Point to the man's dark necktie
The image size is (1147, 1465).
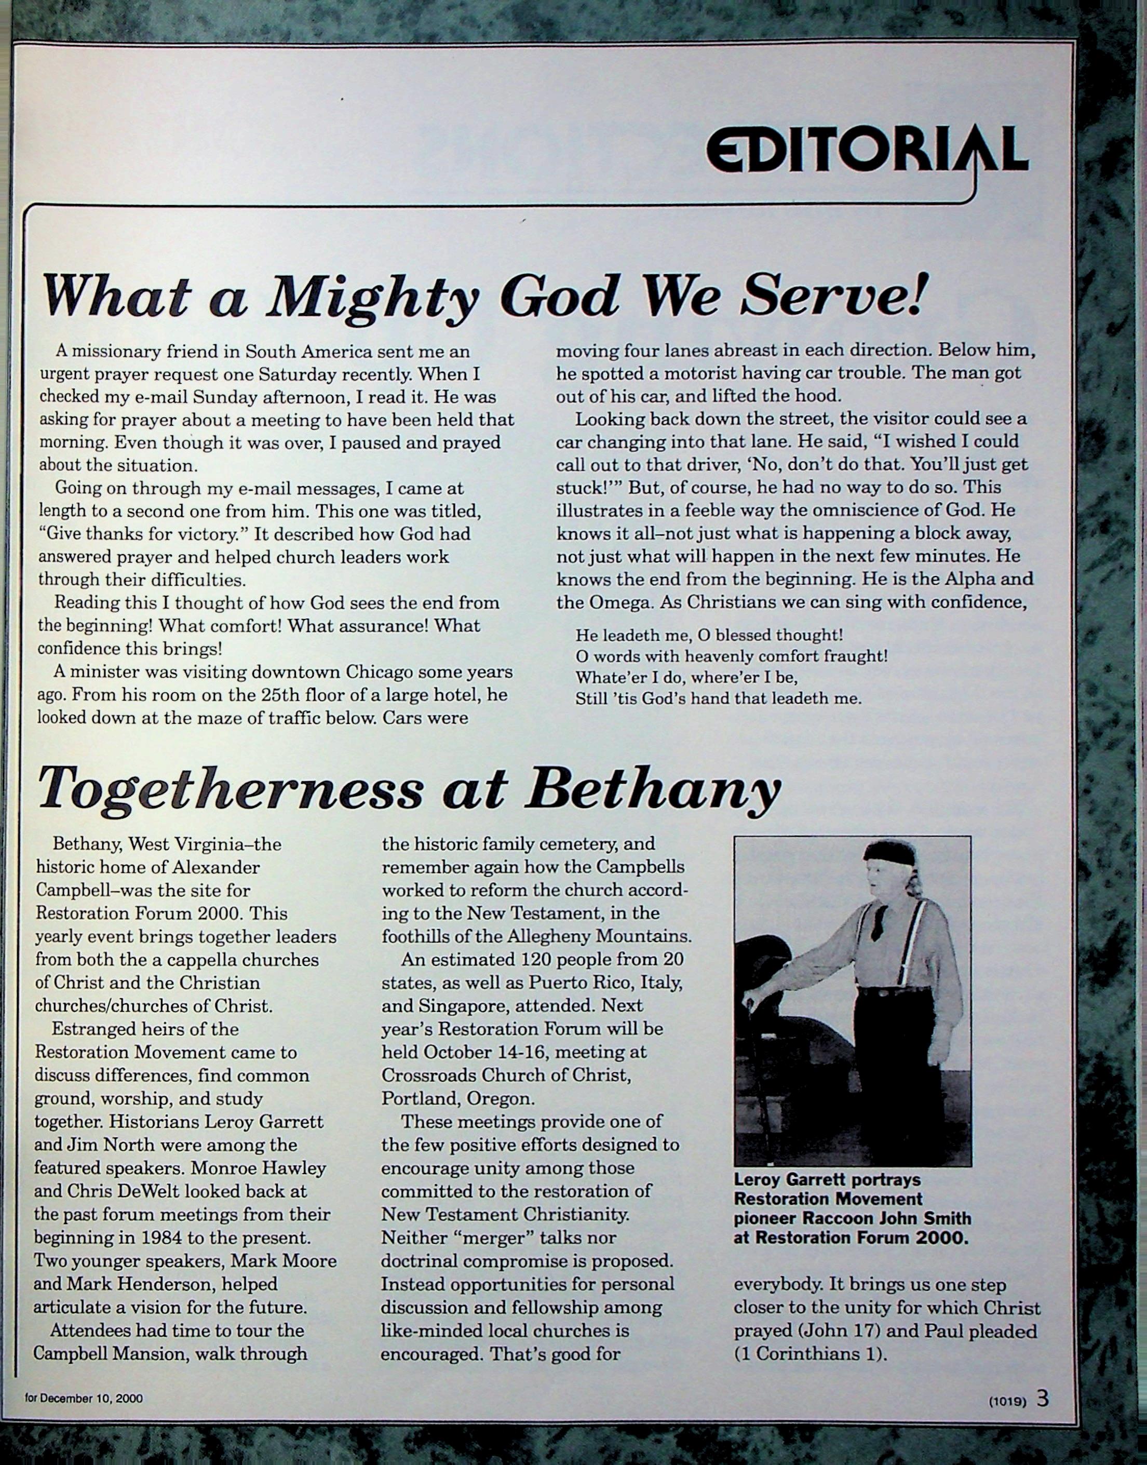(x=879, y=922)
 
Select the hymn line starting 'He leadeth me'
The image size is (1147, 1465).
(x=709, y=635)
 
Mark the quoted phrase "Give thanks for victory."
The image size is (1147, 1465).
(x=144, y=535)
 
